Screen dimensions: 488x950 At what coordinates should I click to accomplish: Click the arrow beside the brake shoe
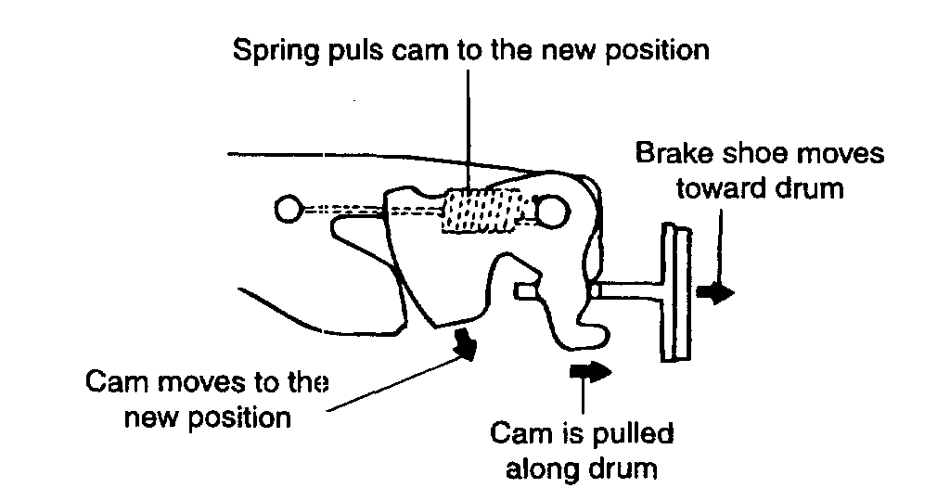tap(717, 292)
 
